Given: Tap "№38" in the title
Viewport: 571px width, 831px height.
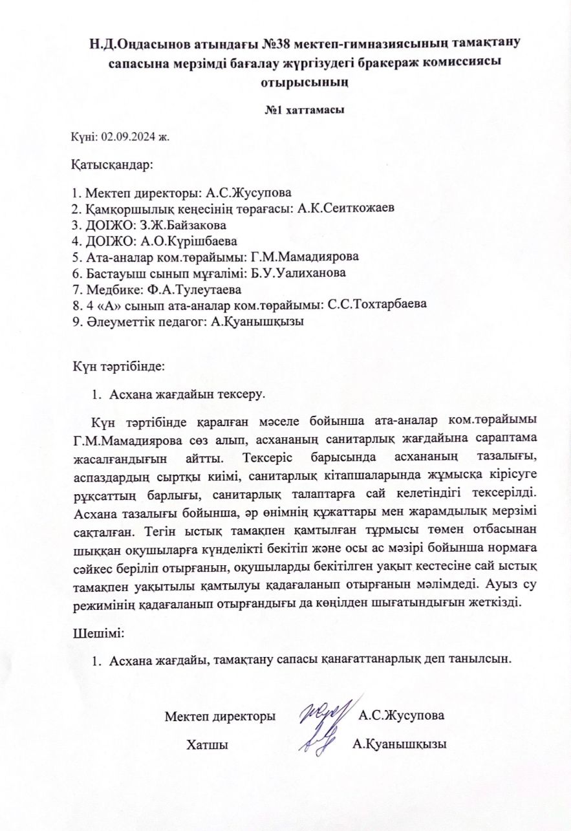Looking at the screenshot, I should pos(241,43).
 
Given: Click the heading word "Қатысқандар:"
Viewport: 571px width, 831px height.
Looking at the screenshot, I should pos(111,164).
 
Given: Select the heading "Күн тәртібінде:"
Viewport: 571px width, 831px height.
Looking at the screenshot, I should pos(120,366).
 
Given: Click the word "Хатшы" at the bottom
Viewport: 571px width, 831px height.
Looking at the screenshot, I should pos(206,744).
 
